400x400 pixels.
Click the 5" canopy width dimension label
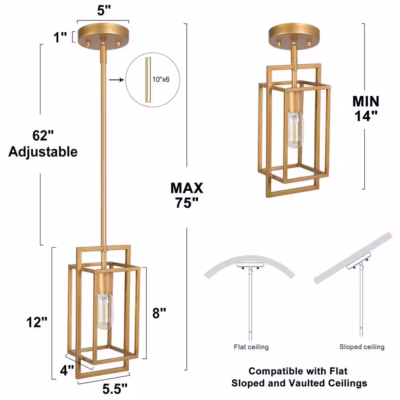click(x=104, y=11)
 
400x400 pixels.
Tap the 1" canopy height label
click(x=60, y=37)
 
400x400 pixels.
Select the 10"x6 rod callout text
click(x=161, y=79)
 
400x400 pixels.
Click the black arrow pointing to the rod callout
click(x=116, y=80)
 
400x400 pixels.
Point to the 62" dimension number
click(x=43, y=136)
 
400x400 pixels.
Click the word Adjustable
click(x=43, y=152)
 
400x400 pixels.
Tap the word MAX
click(x=187, y=188)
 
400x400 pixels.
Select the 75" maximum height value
click(x=186, y=203)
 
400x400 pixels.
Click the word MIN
click(x=366, y=101)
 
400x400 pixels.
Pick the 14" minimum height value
click(x=366, y=116)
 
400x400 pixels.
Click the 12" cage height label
click(x=37, y=322)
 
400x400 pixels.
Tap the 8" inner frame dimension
click(x=159, y=313)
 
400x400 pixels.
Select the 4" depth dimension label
click(x=67, y=370)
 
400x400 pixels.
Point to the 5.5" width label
click(x=115, y=389)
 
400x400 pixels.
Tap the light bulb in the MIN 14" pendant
click(x=296, y=130)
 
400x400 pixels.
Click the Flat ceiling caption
click(x=251, y=347)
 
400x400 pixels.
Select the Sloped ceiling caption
click(x=362, y=347)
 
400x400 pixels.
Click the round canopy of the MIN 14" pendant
click(x=294, y=34)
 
